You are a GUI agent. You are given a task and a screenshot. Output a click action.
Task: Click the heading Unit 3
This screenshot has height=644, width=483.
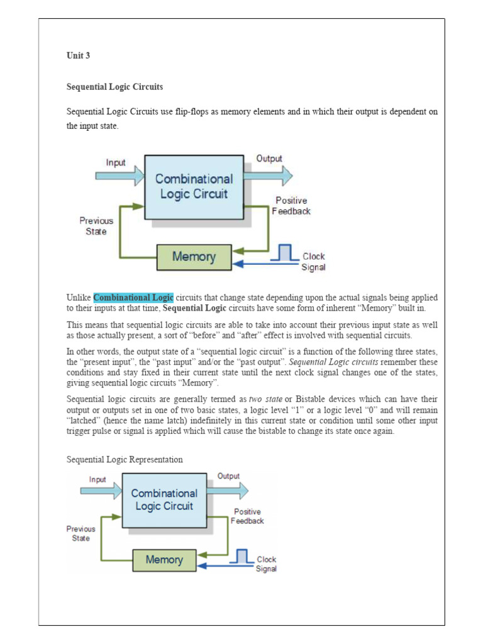click(x=79, y=55)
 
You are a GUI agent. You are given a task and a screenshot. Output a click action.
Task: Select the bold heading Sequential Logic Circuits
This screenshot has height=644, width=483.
click(x=115, y=87)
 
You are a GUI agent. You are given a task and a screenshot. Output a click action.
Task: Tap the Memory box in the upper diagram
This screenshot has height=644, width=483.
click(x=194, y=257)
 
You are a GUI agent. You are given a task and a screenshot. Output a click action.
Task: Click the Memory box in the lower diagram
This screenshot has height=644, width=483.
click(x=164, y=559)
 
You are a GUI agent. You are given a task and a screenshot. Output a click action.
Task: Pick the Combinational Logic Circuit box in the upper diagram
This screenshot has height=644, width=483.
click(x=194, y=187)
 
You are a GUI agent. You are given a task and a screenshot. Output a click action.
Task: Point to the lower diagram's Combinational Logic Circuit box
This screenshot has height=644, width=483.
click(x=164, y=499)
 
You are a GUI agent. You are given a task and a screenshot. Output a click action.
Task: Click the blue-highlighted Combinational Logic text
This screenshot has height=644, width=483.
click(x=133, y=297)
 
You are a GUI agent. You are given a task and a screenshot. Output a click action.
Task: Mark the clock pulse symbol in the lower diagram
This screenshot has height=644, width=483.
click(x=241, y=556)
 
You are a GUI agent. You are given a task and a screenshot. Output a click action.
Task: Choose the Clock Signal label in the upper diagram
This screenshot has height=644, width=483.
click(x=314, y=262)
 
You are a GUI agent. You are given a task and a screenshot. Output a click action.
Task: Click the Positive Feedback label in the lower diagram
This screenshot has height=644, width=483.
click(x=247, y=516)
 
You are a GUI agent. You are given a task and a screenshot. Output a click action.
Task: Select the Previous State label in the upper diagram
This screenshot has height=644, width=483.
click(x=96, y=226)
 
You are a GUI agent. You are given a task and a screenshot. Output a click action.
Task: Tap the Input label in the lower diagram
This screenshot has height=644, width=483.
click(x=97, y=479)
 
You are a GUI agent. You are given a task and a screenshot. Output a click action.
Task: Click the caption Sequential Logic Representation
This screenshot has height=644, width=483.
click(x=125, y=460)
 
